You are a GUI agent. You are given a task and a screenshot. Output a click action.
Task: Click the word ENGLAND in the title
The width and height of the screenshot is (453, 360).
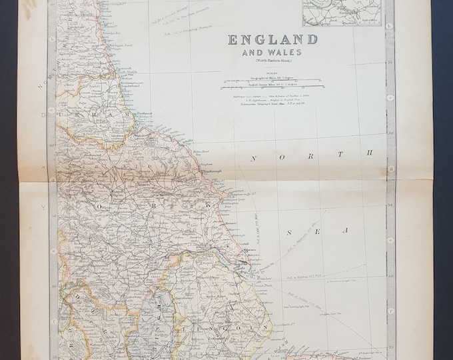272,39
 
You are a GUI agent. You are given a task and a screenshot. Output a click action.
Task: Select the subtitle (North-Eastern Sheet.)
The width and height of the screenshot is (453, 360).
272,61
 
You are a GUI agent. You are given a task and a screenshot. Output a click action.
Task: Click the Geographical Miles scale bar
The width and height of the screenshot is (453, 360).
272,79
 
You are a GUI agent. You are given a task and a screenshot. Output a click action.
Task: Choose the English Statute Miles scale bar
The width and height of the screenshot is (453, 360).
272,87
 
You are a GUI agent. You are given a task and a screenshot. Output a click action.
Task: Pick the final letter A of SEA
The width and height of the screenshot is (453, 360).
345,230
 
